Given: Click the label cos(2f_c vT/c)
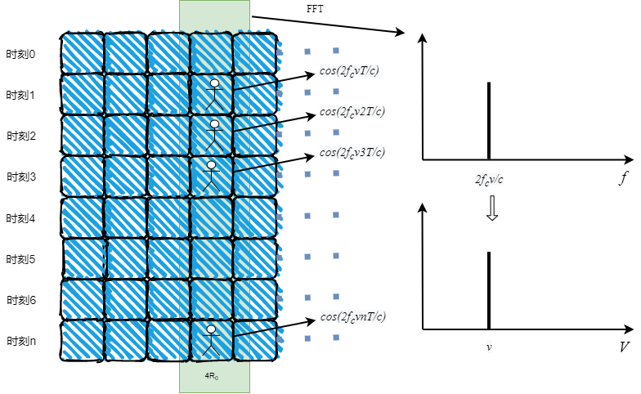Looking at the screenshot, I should (349, 70).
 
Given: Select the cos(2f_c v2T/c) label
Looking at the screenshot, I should (352, 111).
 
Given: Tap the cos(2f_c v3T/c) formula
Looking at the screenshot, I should (352, 152).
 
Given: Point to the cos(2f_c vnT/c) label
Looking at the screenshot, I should (353, 316).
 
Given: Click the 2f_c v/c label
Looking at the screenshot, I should (489, 179).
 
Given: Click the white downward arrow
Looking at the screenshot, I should (491, 208).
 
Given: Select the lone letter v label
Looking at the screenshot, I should (489, 347).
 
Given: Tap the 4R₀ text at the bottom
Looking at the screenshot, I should (211, 376).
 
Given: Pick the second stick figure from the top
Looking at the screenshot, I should (213, 135).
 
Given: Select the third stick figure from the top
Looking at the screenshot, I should (211, 176).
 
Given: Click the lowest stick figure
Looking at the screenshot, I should (211, 340).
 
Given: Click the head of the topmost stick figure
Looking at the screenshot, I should (214, 83).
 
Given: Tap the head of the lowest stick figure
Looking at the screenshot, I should (211, 330).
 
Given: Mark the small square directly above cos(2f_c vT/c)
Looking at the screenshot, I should (336, 51).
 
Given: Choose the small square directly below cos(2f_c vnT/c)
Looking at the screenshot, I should (336, 338).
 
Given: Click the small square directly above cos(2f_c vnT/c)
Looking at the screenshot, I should (336, 297).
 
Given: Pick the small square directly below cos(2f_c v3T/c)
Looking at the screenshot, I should (336, 173).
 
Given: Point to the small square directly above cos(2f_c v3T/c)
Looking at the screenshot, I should (336, 132).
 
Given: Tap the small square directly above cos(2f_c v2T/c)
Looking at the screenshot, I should (336, 92).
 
